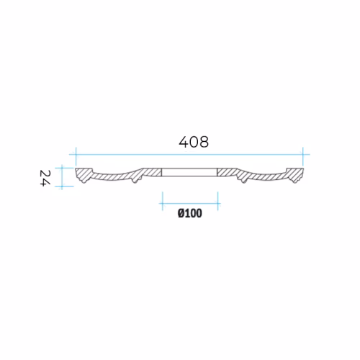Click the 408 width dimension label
[x=194, y=142]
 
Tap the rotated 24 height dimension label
[x=45, y=178]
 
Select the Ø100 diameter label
[x=190, y=213]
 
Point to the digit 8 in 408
[x=204, y=142]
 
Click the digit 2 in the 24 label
[x=45, y=174]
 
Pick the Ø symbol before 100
[x=181, y=213]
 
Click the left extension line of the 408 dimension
[x=76, y=156]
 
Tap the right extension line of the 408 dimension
[x=303, y=156]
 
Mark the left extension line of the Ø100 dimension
[x=163, y=201]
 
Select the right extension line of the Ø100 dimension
[x=217, y=201]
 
